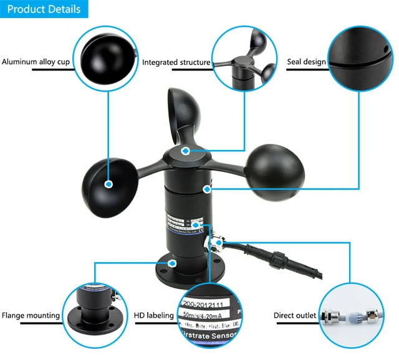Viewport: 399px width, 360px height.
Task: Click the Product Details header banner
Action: click(44, 9)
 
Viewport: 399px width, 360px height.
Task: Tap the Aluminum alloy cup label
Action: click(36, 62)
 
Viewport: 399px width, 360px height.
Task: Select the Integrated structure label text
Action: click(176, 62)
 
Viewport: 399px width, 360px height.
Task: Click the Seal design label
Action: click(306, 62)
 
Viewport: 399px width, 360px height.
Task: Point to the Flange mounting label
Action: click(31, 315)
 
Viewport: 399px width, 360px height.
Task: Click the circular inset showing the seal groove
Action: click(362, 62)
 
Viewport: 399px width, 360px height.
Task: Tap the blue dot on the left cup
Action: click(108, 184)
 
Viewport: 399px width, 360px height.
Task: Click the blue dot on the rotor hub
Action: click(185, 151)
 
